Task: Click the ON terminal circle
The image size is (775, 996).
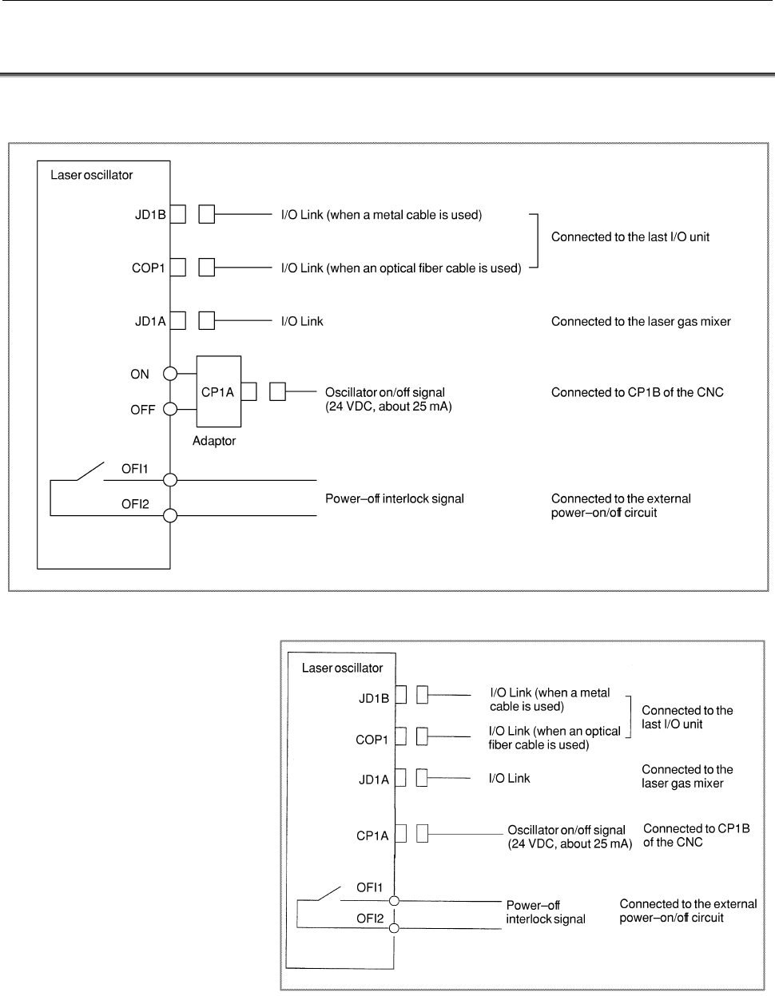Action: tap(170, 374)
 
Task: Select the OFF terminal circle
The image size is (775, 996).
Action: tap(170, 409)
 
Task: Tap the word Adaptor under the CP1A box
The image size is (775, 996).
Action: tap(214, 441)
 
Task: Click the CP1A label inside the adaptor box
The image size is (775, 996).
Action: tap(217, 392)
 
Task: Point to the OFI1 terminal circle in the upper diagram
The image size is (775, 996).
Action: tap(170, 480)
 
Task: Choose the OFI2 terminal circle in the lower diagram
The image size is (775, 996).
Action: tap(394, 928)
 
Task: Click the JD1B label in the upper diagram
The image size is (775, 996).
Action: tap(150, 215)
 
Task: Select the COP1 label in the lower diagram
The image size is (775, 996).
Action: tap(372, 740)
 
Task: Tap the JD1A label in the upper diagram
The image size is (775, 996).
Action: tap(150, 321)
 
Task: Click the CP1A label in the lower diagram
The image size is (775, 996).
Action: tap(372, 835)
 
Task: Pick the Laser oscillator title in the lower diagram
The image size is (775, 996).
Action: tap(342, 668)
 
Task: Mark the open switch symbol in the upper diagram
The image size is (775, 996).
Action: tap(90, 471)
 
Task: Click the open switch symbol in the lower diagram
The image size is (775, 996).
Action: tap(329, 893)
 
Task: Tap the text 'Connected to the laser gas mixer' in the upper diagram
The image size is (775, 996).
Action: tap(641, 321)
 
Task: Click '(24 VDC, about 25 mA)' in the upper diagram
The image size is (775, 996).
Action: tap(388, 407)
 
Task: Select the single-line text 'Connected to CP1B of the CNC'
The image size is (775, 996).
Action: tap(638, 392)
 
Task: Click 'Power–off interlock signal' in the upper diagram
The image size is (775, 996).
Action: tap(395, 498)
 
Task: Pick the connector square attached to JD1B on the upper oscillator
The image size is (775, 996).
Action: tap(178, 214)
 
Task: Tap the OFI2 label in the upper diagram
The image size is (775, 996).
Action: tap(135, 504)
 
